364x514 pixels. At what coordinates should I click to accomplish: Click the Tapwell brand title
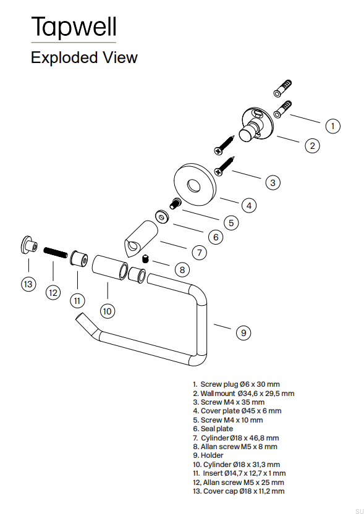click(x=74, y=27)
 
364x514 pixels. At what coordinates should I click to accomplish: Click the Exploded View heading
click(x=84, y=58)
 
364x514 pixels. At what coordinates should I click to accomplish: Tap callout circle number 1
click(x=332, y=126)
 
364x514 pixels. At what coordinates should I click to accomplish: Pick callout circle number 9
click(x=243, y=332)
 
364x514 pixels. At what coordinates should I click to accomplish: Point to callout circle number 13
click(x=28, y=284)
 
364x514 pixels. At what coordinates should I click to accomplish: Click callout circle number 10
click(x=108, y=311)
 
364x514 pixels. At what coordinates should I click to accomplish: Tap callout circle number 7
click(x=199, y=253)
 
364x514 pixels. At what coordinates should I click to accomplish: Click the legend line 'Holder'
click(x=208, y=455)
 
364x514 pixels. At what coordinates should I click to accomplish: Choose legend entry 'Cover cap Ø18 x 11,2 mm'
click(x=239, y=491)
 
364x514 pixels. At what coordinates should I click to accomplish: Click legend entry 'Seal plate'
click(x=213, y=429)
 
